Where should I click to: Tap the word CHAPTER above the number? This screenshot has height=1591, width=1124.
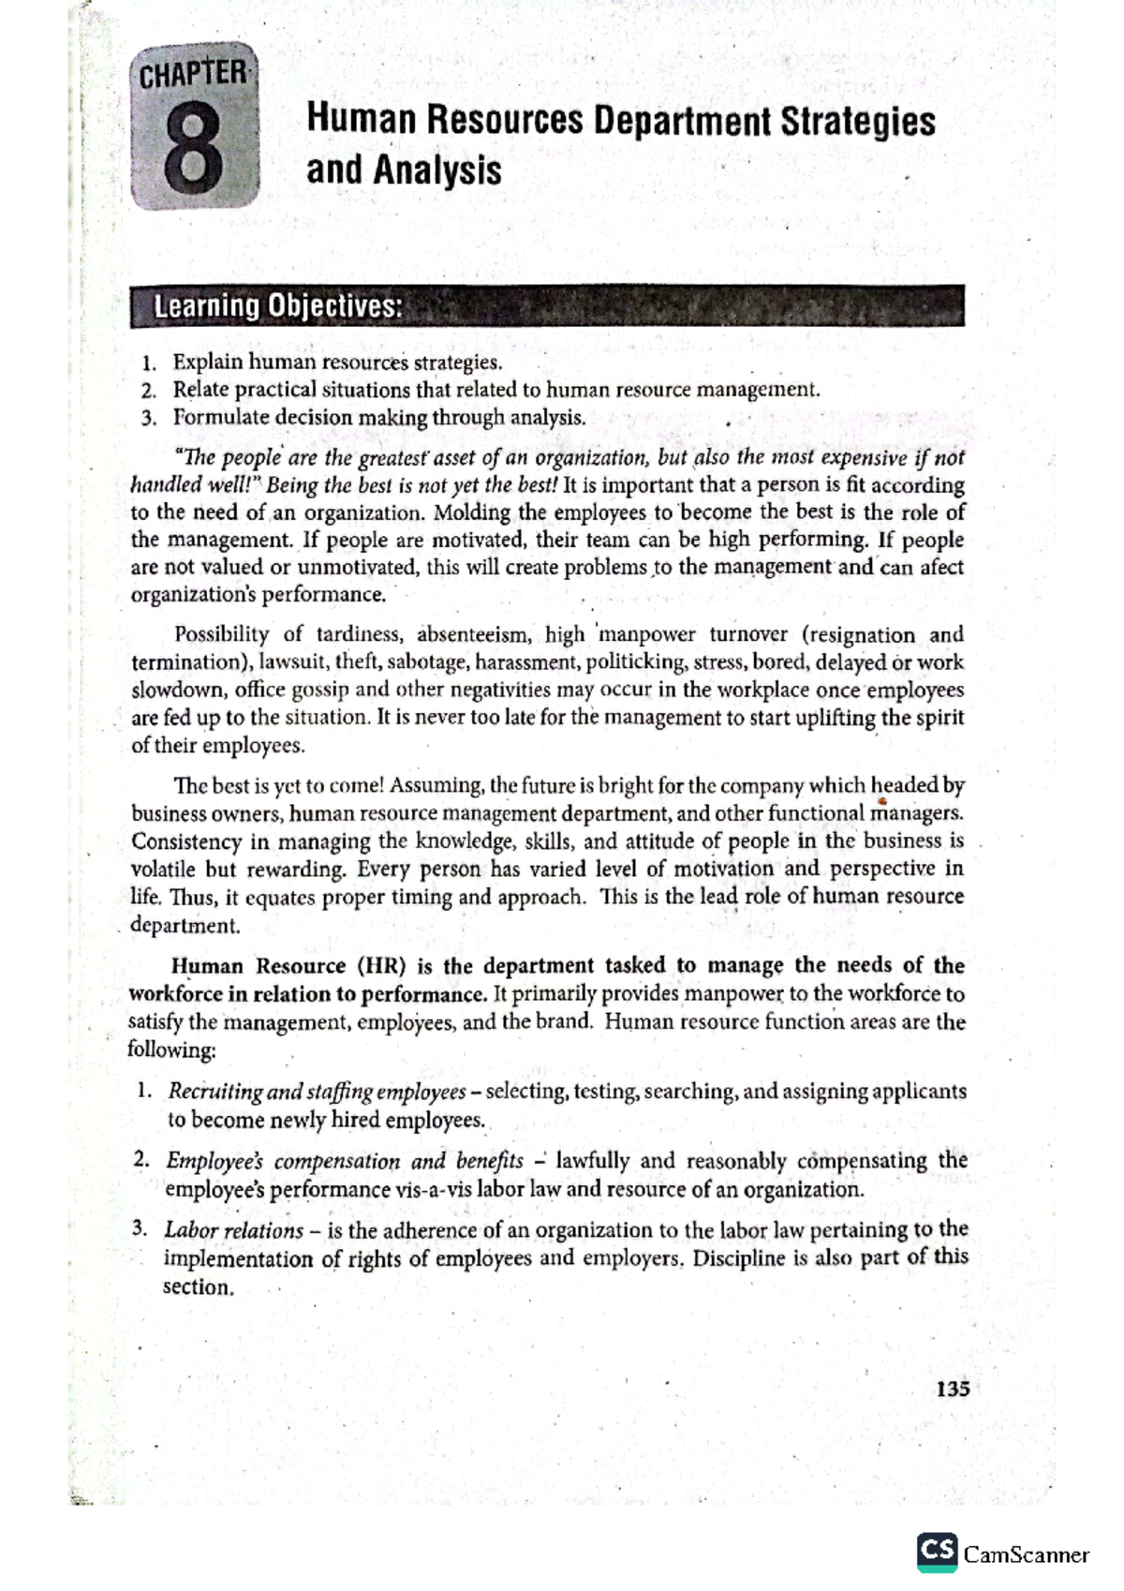pos(193,74)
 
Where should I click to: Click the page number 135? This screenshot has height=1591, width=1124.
pos(953,1389)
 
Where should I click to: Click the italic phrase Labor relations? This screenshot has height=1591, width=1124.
pos(234,1231)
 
